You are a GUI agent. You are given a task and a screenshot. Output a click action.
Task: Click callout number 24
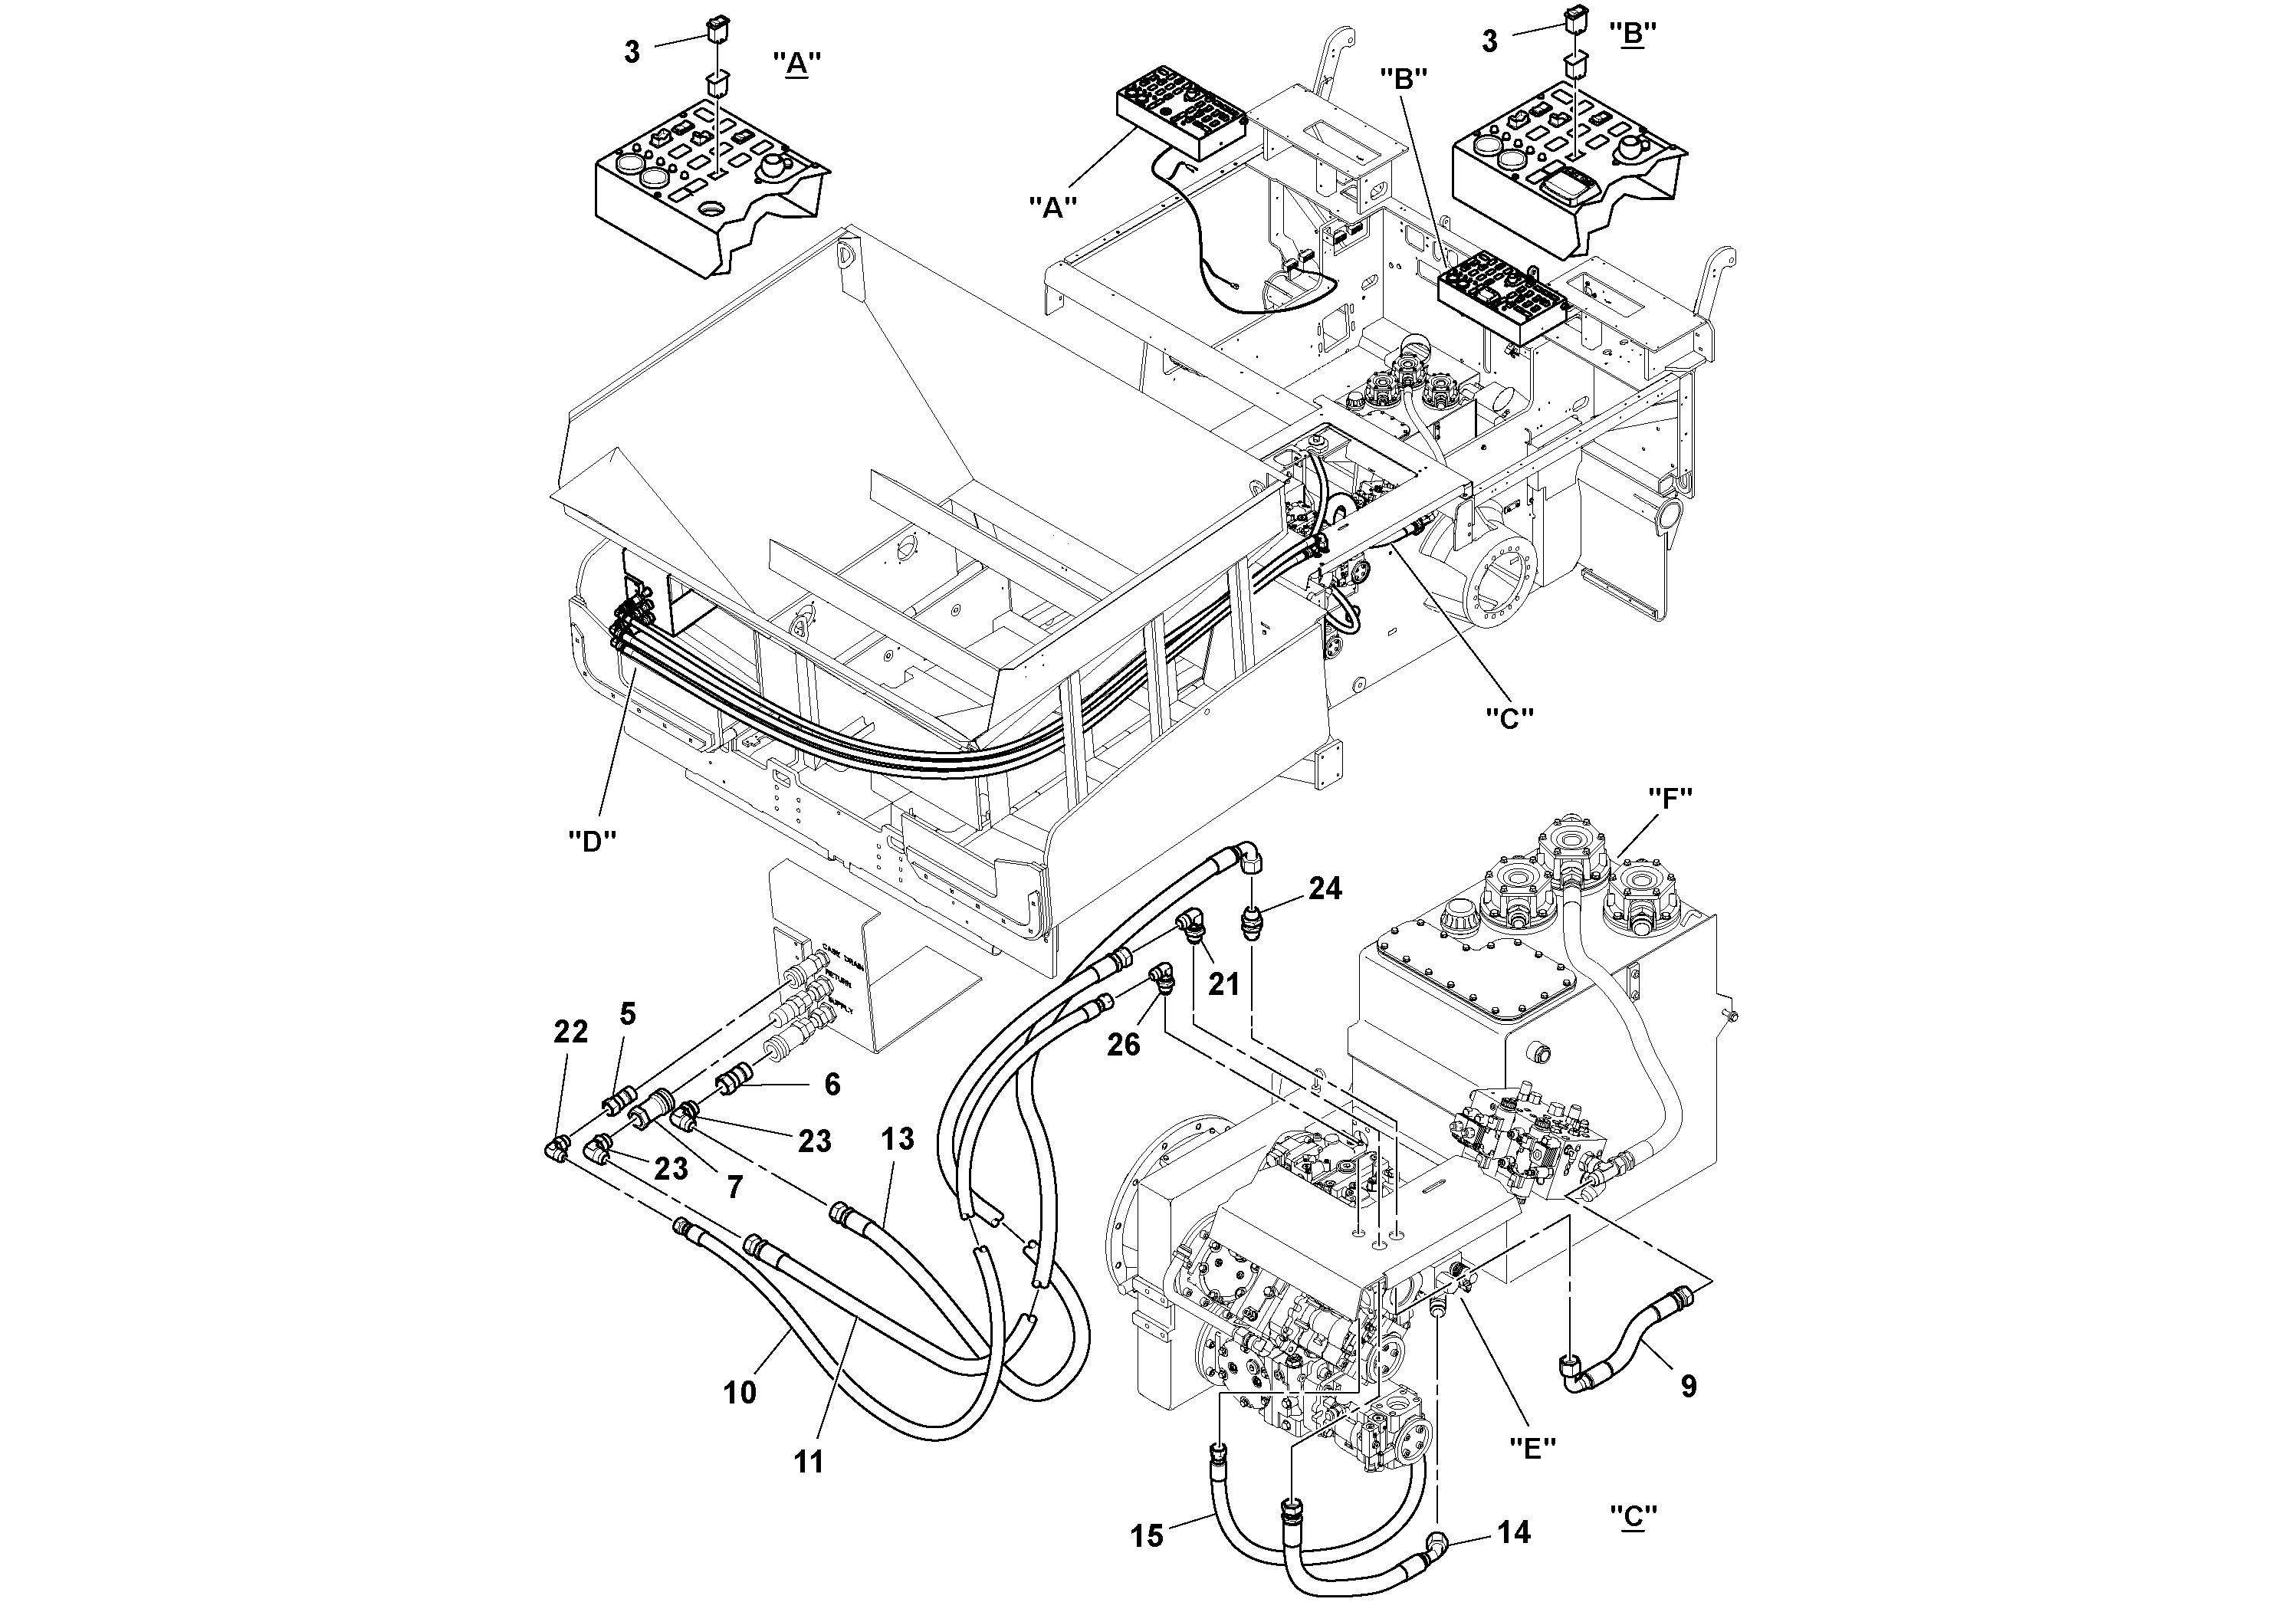1325,888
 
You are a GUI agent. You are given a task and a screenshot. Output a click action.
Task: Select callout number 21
1223,984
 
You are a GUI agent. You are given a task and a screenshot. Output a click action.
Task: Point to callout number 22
570,1033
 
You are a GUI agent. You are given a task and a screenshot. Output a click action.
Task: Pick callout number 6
831,1085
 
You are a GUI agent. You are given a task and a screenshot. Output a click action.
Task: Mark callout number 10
740,1394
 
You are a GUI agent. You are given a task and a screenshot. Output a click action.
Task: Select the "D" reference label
593,840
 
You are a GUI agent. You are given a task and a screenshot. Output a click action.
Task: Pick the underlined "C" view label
1633,1517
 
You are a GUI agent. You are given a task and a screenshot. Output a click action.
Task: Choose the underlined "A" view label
796,64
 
